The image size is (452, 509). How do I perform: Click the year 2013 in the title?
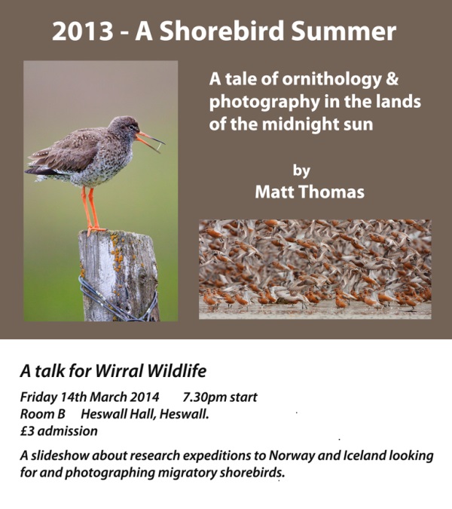point(82,31)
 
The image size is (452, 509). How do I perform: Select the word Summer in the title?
point(344,31)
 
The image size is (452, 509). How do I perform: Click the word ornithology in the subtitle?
point(331,79)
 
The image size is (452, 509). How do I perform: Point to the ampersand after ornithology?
point(392,78)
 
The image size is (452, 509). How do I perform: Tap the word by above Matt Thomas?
point(301,170)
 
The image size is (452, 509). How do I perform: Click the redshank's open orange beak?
point(149,141)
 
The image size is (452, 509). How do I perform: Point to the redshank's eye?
point(131,127)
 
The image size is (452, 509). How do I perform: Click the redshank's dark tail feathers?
point(38,170)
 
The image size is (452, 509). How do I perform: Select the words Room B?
point(42,414)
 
